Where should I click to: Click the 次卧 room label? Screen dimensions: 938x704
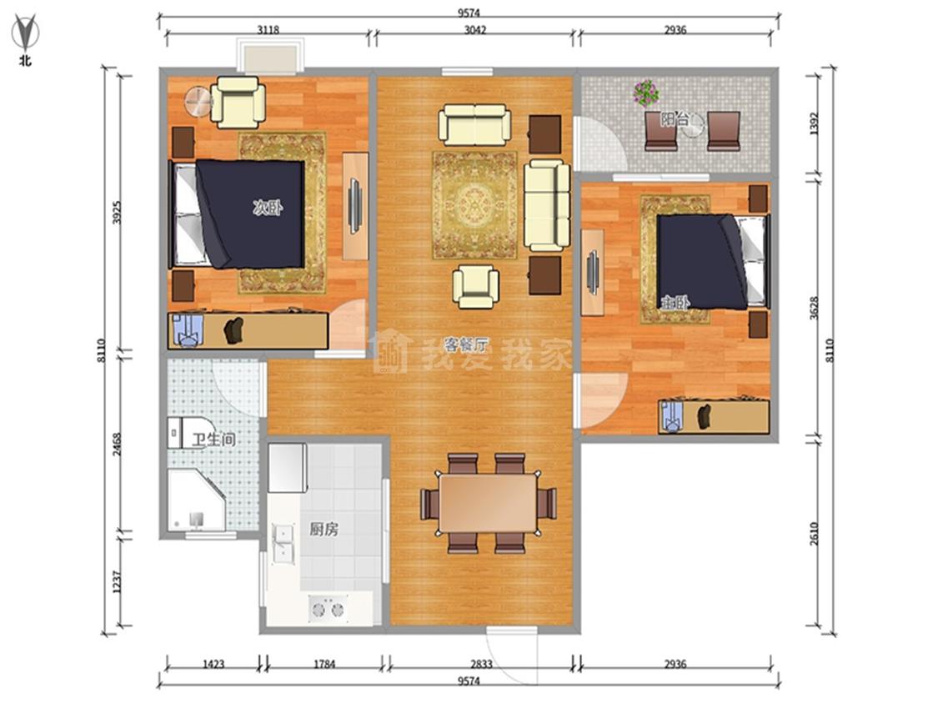point(268,209)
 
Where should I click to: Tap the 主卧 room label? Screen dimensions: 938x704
point(675,303)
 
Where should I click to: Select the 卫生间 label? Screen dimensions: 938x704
point(213,440)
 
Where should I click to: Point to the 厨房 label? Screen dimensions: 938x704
point(324,529)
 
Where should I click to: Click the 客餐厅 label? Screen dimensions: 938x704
point(466,344)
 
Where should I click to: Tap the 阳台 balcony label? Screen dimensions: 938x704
point(675,119)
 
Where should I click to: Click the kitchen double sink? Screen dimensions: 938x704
point(283,544)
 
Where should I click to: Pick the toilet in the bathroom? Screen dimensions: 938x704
point(175,432)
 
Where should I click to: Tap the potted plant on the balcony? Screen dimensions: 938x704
point(646,93)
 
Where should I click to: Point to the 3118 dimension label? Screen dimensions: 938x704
point(268,29)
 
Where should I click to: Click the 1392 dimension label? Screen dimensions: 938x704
point(815,124)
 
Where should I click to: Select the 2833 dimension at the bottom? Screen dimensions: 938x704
point(481,664)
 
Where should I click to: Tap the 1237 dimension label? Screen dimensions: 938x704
point(118,582)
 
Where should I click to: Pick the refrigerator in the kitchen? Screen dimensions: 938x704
point(288,467)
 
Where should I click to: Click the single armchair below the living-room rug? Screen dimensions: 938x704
point(475,287)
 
